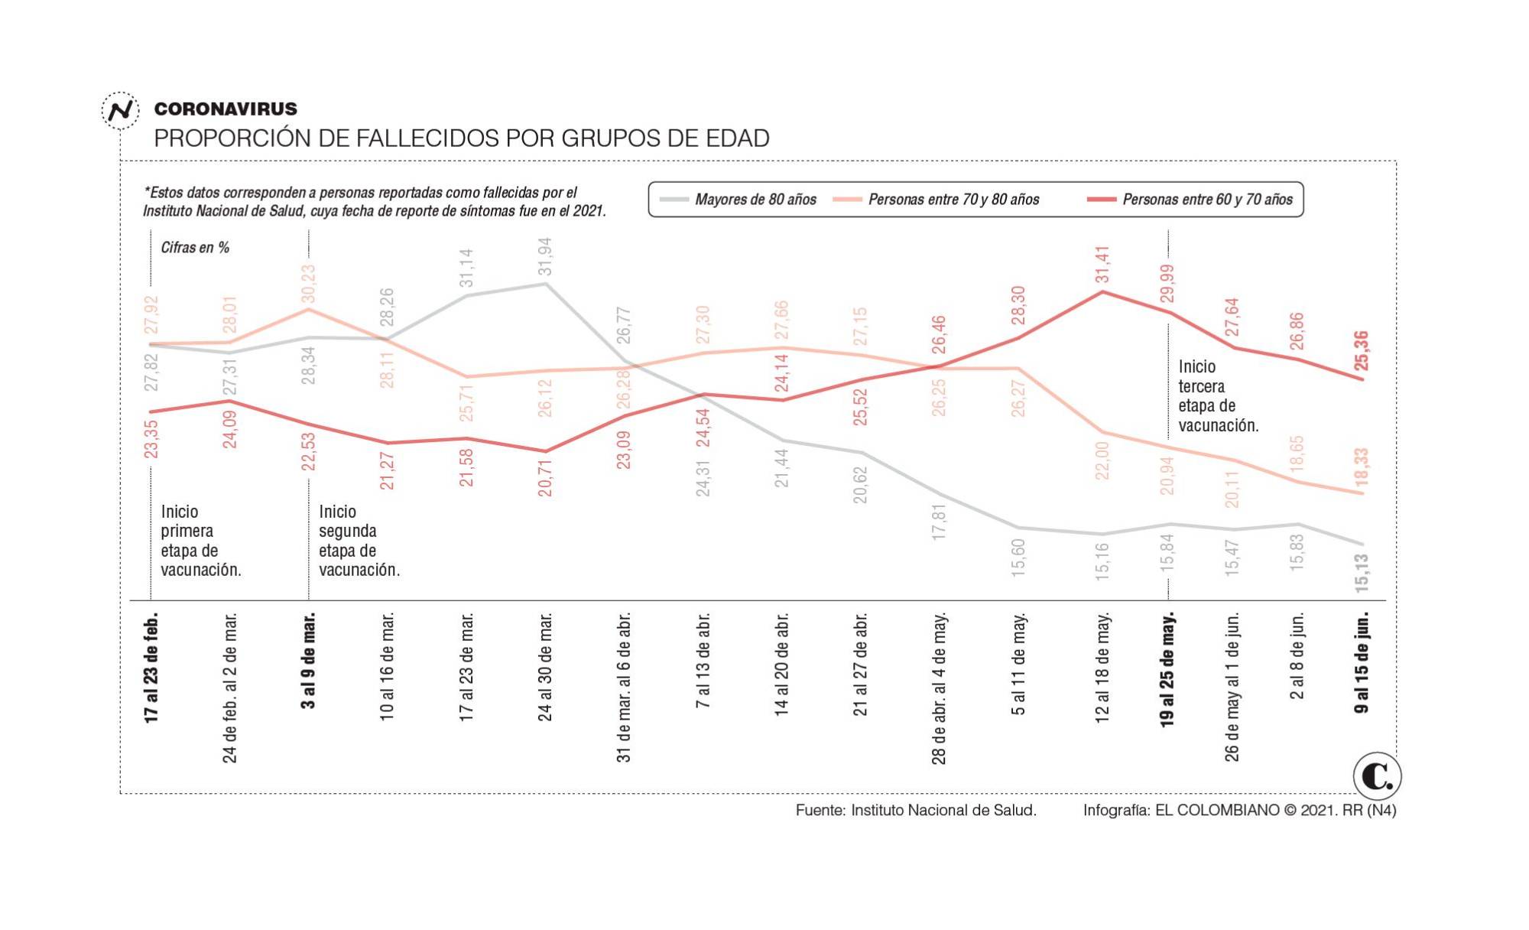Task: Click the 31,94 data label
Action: coord(545,256)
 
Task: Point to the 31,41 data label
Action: coord(1102,264)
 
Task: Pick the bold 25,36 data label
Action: coord(1362,351)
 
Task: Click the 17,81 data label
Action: coord(940,522)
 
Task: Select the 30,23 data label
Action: coord(309,283)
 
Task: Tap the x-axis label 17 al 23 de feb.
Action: coord(151,667)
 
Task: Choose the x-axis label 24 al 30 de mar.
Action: coord(545,666)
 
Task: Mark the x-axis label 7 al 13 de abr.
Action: coord(703,659)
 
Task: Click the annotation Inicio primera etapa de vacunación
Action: coord(200,541)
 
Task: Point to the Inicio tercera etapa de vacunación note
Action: coord(1217,396)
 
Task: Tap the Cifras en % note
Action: coord(195,247)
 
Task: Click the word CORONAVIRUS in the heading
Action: coord(226,109)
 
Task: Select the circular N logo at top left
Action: coord(120,110)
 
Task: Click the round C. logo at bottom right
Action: coord(1377,776)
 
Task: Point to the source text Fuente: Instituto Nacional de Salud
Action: coord(916,810)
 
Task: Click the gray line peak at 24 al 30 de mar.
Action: coord(545,284)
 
